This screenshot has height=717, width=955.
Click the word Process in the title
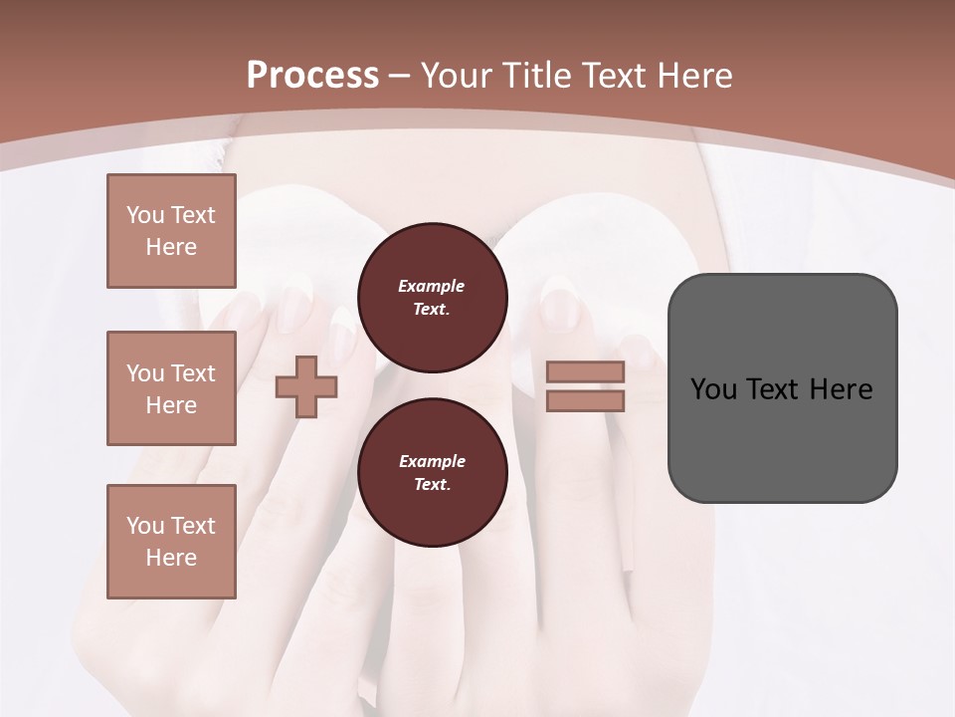pyautogui.click(x=312, y=76)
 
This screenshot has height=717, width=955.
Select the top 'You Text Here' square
pyautogui.click(x=171, y=231)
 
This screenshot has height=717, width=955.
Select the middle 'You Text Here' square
pyautogui.click(x=171, y=388)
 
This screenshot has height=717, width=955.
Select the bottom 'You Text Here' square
pyautogui.click(x=171, y=542)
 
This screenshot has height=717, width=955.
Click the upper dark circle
pyautogui.click(x=432, y=298)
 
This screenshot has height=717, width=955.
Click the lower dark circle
pyautogui.click(x=432, y=473)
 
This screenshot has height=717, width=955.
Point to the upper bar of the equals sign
pyautogui.click(x=585, y=372)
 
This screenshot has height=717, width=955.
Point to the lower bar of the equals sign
pyautogui.click(x=585, y=400)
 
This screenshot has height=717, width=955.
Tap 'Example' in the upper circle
pyautogui.click(x=432, y=286)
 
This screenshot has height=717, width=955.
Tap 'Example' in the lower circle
pyautogui.click(x=432, y=461)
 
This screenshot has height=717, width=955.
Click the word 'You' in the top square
pyautogui.click(x=145, y=215)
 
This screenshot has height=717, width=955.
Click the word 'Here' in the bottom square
pyautogui.click(x=171, y=558)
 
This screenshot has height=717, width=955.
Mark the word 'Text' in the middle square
pyautogui.click(x=193, y=373)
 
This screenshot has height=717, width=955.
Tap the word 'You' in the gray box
pyautogui.click(x=712, y=389)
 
